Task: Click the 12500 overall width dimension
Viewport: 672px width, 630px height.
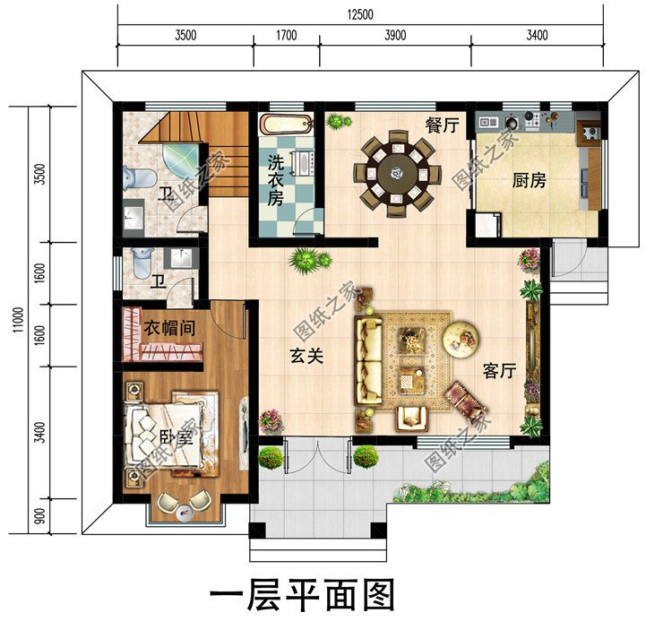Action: (359, 14)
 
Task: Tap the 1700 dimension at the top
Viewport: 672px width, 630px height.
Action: (287, 36)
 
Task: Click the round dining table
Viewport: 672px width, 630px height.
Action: (395, 168)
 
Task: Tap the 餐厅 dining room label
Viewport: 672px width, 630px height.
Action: (442, 126)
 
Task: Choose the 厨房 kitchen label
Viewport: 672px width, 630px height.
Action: (529, 180)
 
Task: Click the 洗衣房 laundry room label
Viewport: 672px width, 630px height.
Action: (274, 180)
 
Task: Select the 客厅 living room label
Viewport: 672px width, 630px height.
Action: (499, 370)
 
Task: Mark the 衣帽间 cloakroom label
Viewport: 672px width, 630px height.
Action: (170, 328)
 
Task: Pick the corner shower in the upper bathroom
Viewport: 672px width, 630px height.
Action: (185, 160)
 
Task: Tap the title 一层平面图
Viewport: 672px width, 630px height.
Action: (302, 594)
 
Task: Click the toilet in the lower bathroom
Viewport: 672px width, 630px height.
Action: (142, 262)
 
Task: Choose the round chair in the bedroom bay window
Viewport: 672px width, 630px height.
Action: (182, 510)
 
